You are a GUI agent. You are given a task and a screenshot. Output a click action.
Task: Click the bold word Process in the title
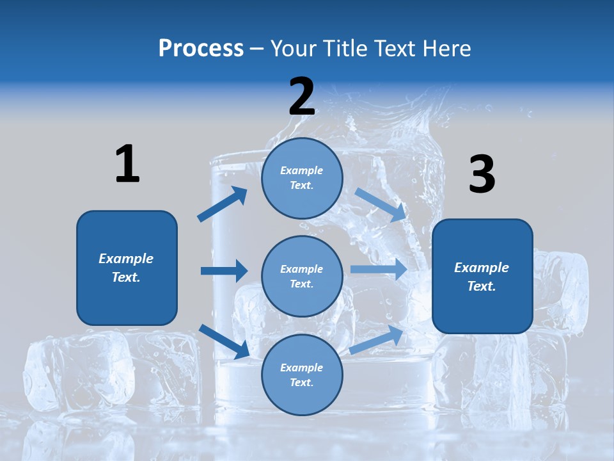click(201, 49)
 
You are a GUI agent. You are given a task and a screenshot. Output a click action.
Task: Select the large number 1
click(127, 164)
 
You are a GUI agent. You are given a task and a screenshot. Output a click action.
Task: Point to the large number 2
click(302, 97)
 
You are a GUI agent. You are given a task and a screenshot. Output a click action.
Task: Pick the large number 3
click(482, 175)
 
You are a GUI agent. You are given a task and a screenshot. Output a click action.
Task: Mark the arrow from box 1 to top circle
click(223, 204)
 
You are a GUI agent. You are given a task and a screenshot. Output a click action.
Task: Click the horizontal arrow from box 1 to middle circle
click(224, 271)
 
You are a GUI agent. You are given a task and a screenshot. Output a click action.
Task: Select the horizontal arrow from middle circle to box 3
click(379, 269)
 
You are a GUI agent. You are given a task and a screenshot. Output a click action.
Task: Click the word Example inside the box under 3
click(481, 268)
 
